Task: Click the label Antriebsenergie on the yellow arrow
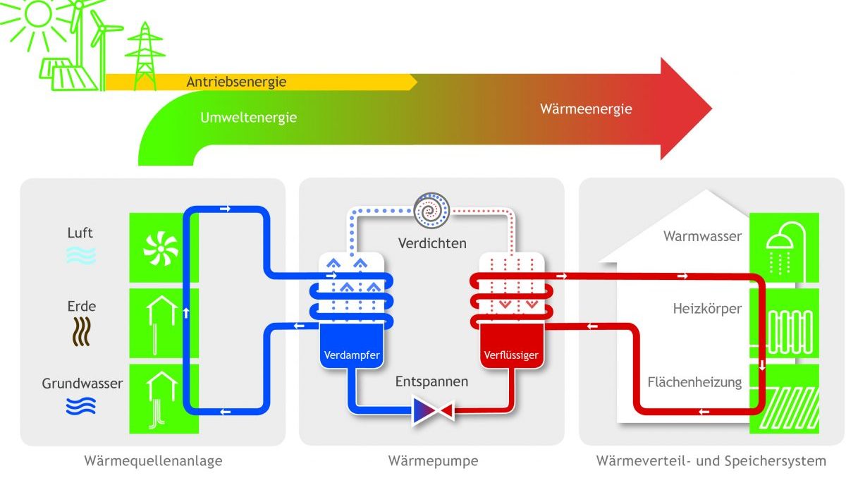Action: [236, 82]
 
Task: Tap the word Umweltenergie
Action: [248, 118]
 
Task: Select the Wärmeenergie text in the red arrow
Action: [586, 109]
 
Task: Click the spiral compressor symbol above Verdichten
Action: [431, 211]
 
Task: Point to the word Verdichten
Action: [432, 243]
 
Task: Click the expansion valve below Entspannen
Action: [434, 410]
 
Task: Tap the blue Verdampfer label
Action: [352, 355]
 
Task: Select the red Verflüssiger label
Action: [511, 355]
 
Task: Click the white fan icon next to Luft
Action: [161, 249]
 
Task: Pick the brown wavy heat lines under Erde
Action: [81, 331]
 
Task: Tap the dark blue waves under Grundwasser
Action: [81, 406]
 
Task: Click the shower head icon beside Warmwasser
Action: [785, 248]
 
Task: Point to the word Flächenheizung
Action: [694, 382]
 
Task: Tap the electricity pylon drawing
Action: [145, 56]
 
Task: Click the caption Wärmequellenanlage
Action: [153, 460]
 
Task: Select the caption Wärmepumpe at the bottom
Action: [433, 460]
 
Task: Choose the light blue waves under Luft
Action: [81, 256]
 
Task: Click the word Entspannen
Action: [431, 381]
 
